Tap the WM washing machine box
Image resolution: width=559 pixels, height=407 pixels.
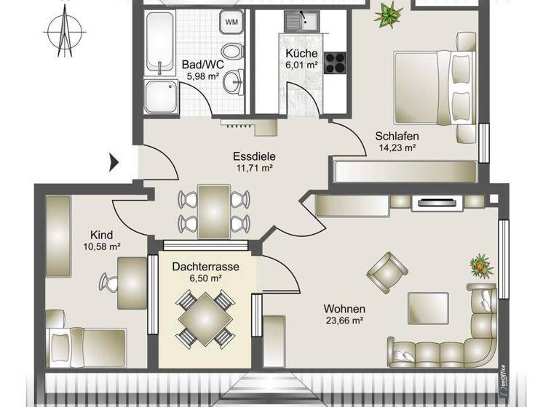(231, 22)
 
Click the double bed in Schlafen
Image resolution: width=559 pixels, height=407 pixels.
(434, 87)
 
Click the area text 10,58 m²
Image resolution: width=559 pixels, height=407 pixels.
(100, 246)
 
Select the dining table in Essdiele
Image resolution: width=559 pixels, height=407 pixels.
(215, 210)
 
